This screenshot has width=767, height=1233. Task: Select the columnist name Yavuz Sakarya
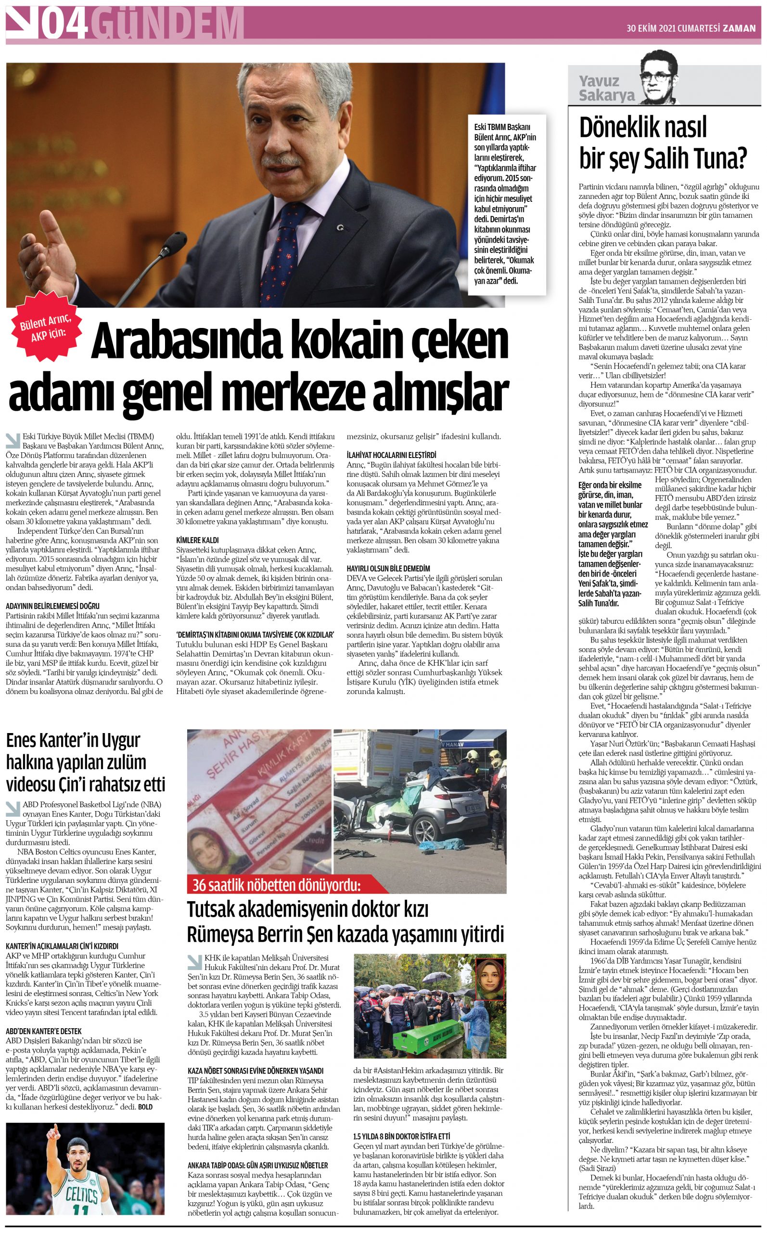(x=607, y=88)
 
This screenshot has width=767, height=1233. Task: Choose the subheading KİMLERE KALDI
(x=197, y=540)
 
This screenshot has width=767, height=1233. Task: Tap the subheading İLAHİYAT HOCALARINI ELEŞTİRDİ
(x=391, y=455)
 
